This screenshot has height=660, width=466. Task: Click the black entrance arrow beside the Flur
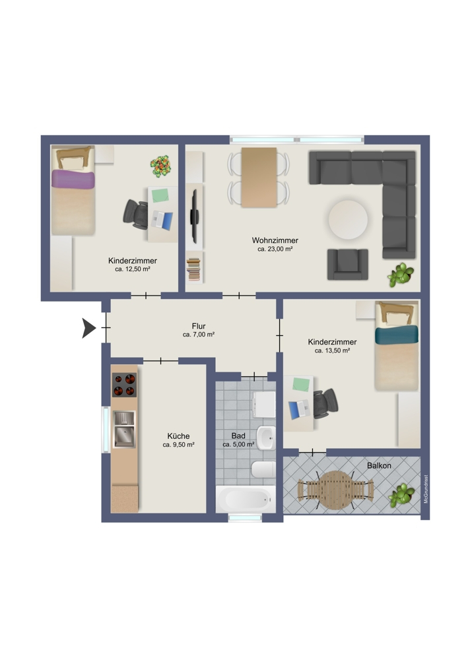88,328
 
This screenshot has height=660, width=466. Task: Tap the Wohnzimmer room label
275,240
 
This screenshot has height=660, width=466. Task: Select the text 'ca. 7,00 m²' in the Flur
198,335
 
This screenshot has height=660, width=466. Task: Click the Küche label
178,436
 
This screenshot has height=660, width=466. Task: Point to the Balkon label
379,465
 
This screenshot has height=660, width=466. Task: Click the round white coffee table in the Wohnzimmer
348,220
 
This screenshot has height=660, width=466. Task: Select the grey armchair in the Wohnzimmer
347,263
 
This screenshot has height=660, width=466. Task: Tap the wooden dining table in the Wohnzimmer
259,177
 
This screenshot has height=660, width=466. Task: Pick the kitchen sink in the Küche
123,428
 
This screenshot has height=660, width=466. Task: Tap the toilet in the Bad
263,470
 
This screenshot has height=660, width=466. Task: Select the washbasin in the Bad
265,436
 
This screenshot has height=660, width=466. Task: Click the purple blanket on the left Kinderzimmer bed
74,180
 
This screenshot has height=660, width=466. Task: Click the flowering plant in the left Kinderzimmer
160,166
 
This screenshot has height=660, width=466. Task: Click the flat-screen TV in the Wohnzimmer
194,215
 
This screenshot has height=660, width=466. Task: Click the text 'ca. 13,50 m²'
332,351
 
